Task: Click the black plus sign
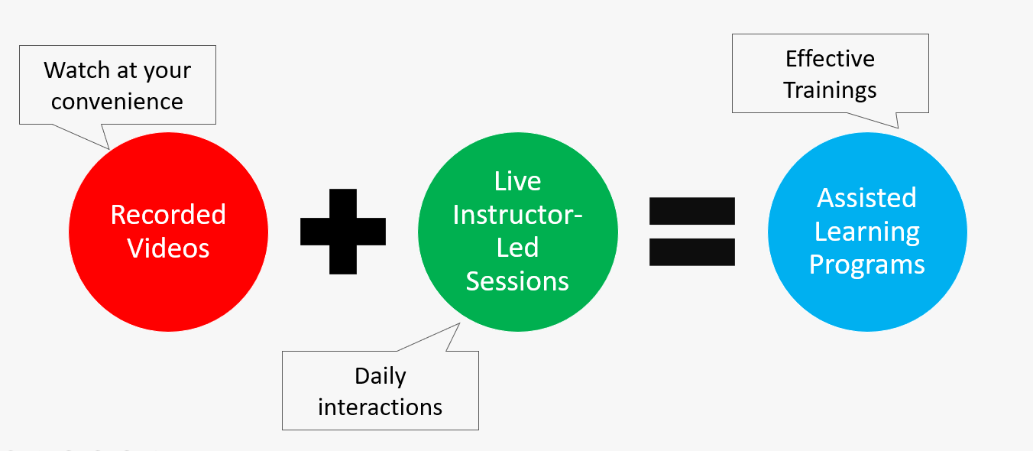(x=342, y=232)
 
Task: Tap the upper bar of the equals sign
(x=691, y=211)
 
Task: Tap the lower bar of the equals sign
(x=691, y=251)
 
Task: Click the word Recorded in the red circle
(x=168, y=215)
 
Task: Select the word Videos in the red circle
(x=168, y=248)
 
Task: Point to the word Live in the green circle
(x=517, y=180)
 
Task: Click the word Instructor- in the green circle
(x=517, y=215)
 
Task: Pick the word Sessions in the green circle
(x=517, y=281)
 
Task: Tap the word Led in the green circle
(x=517, y=248)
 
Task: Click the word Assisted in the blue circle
(x=867, y=198)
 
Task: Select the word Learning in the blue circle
(x=867, y=232)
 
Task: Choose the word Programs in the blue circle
(x=867, y=265)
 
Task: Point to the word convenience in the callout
(x=117, y=102)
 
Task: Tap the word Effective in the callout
(x=830, y=59)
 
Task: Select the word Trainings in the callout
(x=830, y=90)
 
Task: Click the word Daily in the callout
(x=380, y=377)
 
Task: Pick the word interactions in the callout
(x=380, y=407)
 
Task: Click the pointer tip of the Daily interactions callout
(x=460, y=323)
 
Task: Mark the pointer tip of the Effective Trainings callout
(x=899, y=128)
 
